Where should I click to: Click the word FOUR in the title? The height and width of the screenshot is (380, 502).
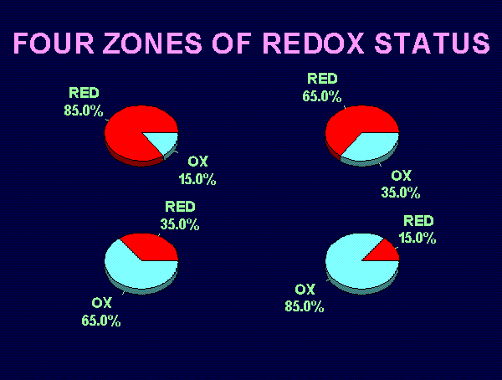(x=54, y=43)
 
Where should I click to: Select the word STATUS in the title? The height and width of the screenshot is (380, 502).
(x=433, y=43)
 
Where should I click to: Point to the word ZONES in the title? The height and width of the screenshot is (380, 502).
(x=152, y=43)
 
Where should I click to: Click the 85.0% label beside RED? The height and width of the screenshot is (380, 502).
(x=84, y=110)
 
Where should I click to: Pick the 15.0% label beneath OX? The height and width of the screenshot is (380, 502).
(x=197, y=179)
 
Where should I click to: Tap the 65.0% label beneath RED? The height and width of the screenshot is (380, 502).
(x=322, y=96)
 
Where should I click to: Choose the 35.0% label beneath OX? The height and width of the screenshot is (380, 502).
(x=401, y=193)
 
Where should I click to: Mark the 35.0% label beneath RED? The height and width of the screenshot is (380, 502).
(x=180, y=224)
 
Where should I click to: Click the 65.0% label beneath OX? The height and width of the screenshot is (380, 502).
(x=101, y=321)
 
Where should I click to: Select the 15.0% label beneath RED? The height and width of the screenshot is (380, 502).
(x=417, y=238)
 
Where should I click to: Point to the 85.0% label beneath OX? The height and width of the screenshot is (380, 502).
(x=305, y=306)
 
